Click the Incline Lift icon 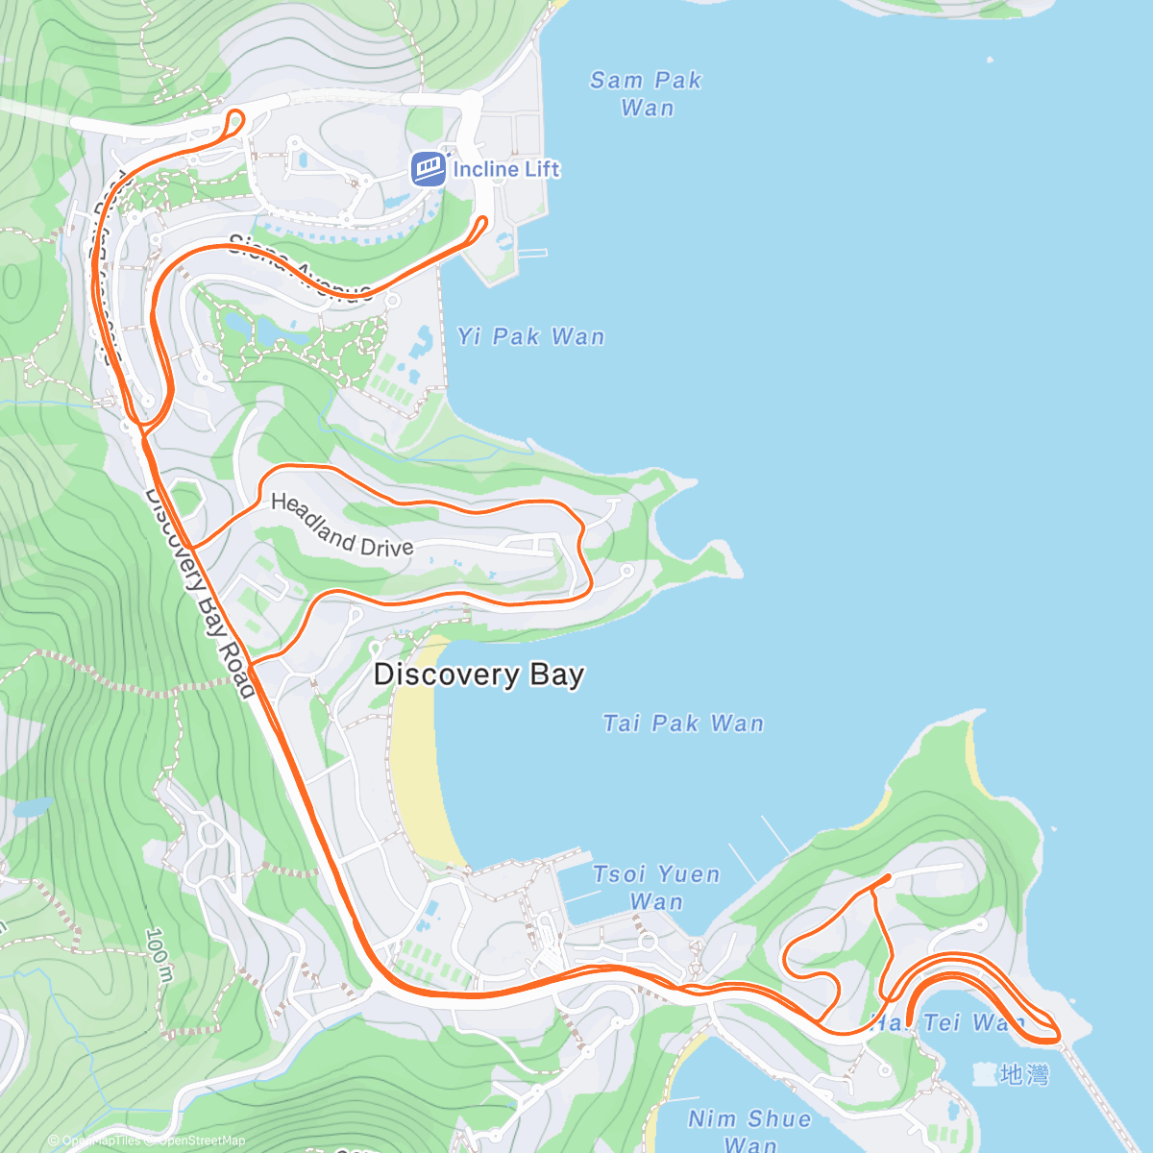coord(429,169)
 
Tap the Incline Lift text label coord(505,169)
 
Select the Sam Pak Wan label coord(646,93)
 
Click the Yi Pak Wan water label coord(531,336)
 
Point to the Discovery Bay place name coord(478,674)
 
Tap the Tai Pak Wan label coord(683,723)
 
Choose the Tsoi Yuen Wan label coord(656,887)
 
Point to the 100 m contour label coord(159,953)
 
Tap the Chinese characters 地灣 coord(1023,1074)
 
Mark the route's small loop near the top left coord(235,122)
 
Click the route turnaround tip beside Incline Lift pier coord(482,223)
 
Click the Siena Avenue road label coord(301,267)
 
